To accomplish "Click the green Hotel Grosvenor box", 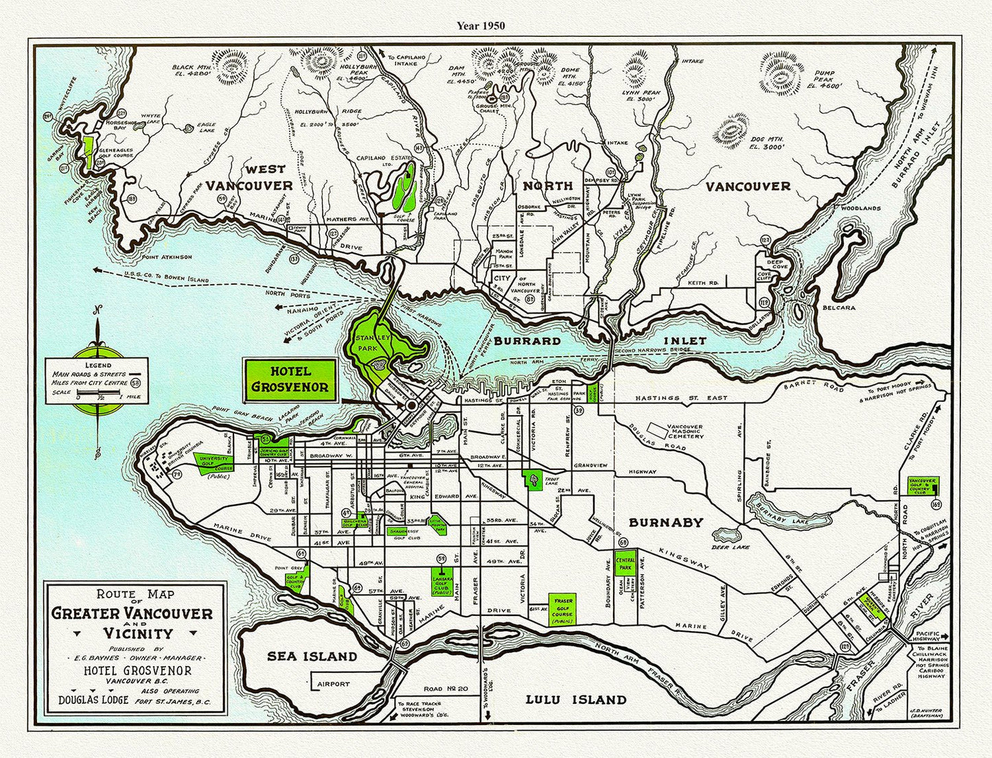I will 290,379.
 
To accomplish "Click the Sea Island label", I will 312,656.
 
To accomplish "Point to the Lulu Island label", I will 576,700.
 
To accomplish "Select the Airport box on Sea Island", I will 333,684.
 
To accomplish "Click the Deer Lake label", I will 730,547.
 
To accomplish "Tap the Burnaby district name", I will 666,523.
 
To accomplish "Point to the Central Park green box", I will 625,565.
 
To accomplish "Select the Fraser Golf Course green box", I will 562,609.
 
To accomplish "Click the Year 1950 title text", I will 481,26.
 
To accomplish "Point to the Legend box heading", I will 98,365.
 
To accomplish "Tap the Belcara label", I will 839,308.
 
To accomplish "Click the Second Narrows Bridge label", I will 653,351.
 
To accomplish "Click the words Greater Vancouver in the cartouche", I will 132,614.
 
